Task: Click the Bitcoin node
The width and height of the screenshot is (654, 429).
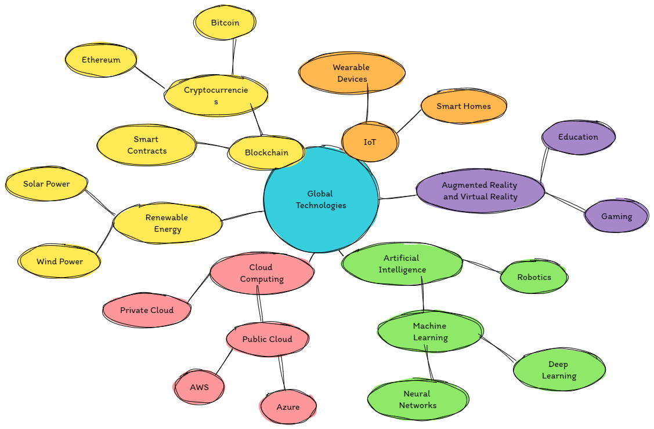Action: [x=225, y=23]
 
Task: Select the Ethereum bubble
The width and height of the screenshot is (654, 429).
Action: [x=101, y=60]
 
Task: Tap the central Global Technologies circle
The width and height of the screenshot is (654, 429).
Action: [x=320, y=199]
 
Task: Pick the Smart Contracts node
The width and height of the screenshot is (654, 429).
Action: [x=147, y=145]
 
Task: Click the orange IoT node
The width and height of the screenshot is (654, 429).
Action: [x=370, y=142]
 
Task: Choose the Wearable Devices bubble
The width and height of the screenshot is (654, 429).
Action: [x=352, y=73]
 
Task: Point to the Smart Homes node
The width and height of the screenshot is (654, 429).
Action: [x=464, y=106]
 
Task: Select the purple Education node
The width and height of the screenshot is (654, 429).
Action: [x=578, y=137]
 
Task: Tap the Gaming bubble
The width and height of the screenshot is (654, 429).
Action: [x=616, y=216]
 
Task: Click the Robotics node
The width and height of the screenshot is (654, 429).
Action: [x=534, y=277]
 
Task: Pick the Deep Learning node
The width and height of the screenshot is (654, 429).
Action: [x=559, y=370]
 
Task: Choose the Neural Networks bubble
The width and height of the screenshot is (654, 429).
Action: [x=418, y=399]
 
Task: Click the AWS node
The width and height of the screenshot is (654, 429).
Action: [x=199, y=387]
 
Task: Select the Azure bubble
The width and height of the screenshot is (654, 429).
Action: [x=288, y=407]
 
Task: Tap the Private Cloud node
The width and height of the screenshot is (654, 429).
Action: [x=147, y=310]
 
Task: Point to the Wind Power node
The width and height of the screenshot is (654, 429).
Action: [x=60, y=261]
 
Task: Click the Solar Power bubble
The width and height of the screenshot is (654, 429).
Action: [x=46, y=184]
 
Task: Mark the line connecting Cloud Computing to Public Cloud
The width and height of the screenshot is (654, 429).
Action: [x=260, y=308]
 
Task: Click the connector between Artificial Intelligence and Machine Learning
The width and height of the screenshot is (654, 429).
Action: [x=422, y=299]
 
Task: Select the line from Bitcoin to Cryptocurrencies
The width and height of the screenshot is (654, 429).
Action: [x=234, y=57]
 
